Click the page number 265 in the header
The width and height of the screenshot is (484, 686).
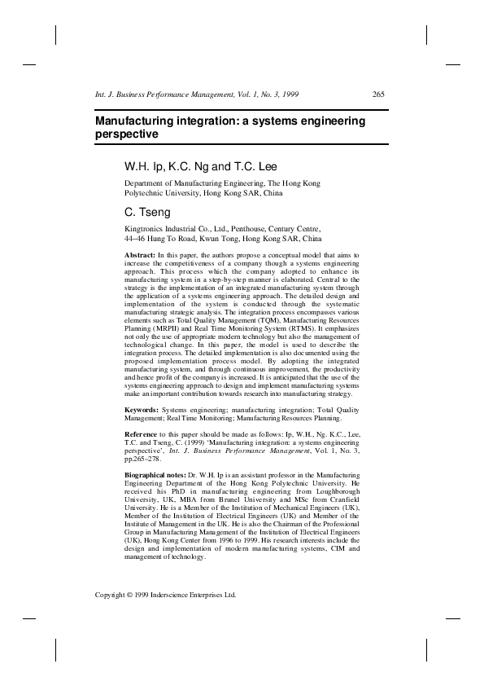(x=377, y=95)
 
